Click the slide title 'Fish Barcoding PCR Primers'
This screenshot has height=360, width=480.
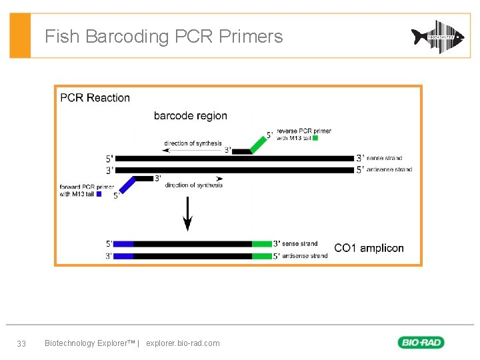point(163,36)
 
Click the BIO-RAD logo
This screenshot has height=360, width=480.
point(421,343)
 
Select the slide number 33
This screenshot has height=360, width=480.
point(21,343)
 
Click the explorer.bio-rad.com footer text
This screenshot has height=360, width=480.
point(182,343)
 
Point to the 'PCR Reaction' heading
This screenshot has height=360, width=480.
point(95,98)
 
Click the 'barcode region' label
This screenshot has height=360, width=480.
point(190,116)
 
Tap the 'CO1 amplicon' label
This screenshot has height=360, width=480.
point(369,248)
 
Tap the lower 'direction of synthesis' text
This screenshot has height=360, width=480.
point(194,185)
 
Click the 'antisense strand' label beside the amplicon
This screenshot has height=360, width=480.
point(305,256)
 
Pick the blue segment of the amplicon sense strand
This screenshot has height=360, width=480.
point(123,244)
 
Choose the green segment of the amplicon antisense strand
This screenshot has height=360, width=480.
point(262,256)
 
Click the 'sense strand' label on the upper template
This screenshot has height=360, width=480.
point(384,158)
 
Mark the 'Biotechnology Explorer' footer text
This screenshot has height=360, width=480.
point(89,343)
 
